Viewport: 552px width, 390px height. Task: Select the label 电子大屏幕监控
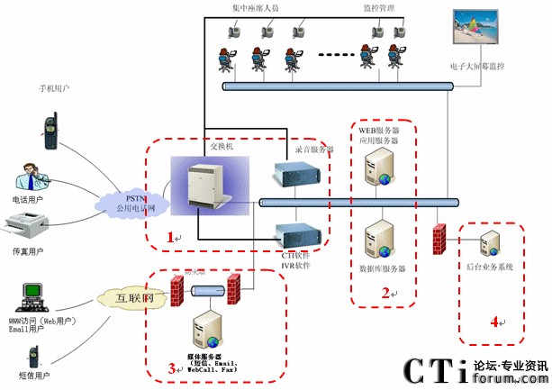click(477, 67)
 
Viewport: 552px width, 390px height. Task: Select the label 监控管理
click(377, 7)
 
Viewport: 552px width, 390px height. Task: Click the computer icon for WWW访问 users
click(33, 295)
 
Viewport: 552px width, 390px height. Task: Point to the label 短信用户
click(30, 375)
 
